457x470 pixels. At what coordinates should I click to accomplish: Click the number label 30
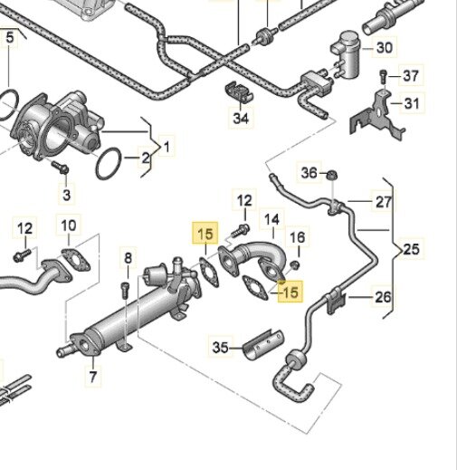tap(385, 47)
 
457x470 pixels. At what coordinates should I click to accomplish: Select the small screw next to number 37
tap(384, 75)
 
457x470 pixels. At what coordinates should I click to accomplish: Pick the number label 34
tap(240, 118)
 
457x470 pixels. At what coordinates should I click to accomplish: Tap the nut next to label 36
tap(332, 174)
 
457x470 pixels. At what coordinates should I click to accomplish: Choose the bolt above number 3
tap(61, 168)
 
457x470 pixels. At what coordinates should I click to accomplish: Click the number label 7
tap(93, 375)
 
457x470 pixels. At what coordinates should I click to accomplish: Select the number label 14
tap(271, 219)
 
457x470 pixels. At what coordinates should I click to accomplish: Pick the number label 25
tap(413, 248)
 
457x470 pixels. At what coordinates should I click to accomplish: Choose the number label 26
tap(385, 296)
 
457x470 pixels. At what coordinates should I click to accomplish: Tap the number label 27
tap(385, 202)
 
